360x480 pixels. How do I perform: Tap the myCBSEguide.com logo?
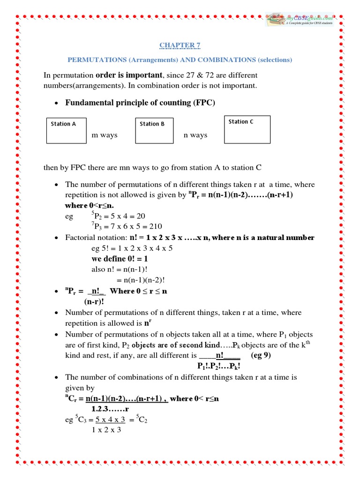tap(300, 19)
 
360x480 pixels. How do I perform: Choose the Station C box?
tap(247, 129)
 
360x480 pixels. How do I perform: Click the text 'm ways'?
tap(105, 135)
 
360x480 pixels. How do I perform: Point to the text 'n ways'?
tap(195, 135)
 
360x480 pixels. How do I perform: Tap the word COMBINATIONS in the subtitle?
tap(225, 60)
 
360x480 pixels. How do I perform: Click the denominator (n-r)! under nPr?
tap(94, 301)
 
